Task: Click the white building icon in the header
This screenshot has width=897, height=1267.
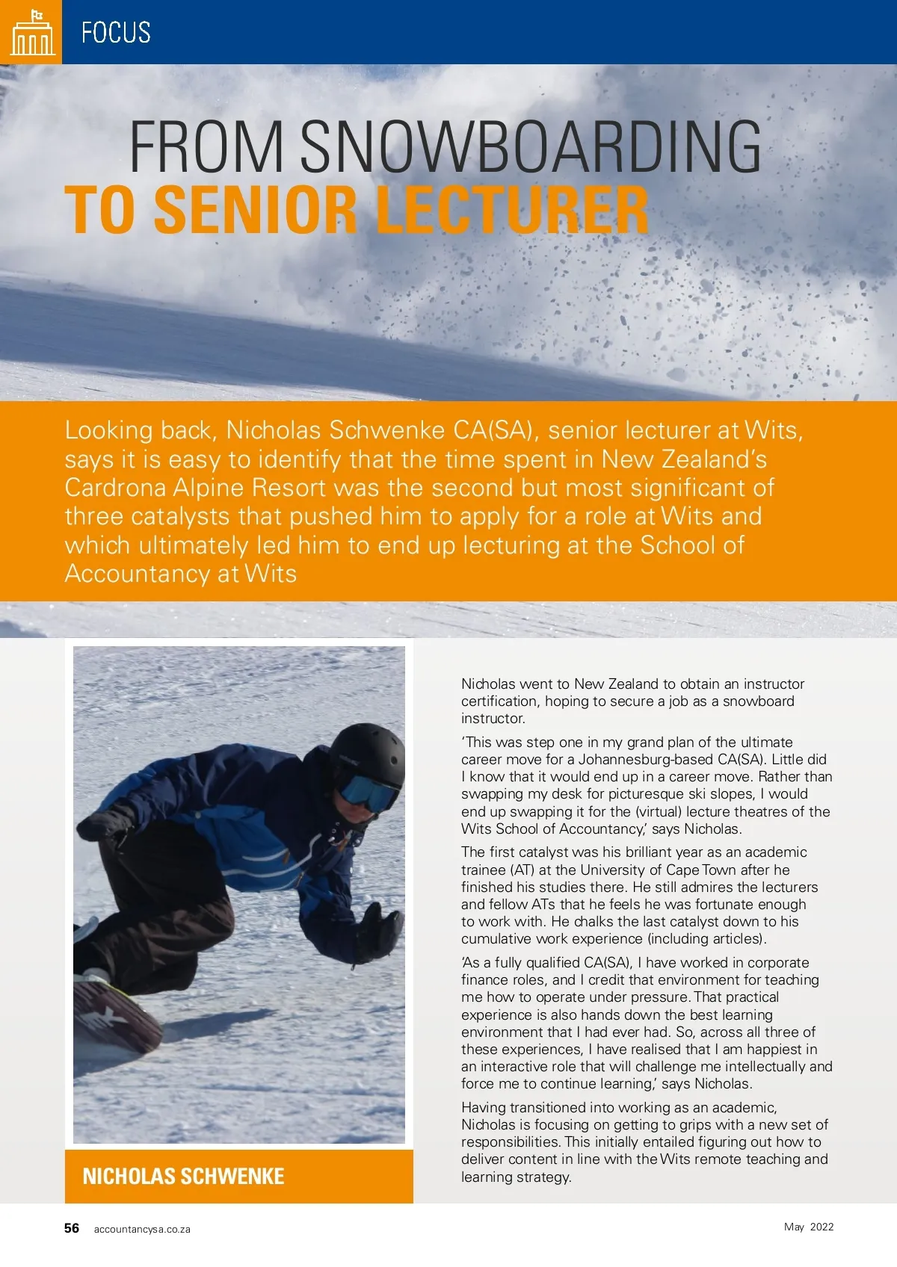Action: [32, 33]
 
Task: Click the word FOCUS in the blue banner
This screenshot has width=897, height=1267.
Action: [116, 33]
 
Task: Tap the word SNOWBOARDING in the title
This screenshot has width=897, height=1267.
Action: [530, 147]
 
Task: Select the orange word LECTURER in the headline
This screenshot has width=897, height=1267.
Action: [512, 211]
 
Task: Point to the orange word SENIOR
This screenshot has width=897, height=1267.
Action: [256, 211]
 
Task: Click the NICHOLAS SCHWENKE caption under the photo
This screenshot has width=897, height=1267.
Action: [183, 1177]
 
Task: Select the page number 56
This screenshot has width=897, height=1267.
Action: [72, 1228]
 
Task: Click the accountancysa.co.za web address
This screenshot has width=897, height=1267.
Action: [142, 1229]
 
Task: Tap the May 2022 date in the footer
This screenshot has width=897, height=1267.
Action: [809, 1227]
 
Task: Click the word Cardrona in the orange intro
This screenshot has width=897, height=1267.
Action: [115, 488]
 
